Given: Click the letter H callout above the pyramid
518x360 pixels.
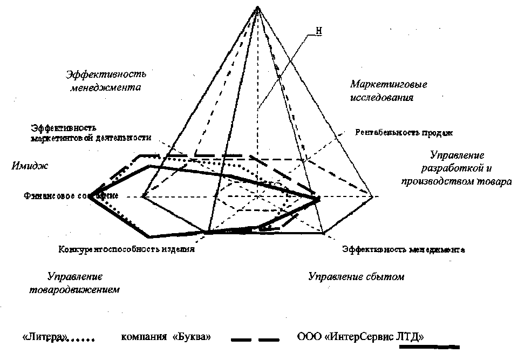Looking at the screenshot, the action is coord(318,31).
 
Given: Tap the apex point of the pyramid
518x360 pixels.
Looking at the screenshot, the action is coord(258,7).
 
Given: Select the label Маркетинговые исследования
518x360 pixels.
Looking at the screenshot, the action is coord(381,91).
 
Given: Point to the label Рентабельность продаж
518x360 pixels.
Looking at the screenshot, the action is coord(403,132).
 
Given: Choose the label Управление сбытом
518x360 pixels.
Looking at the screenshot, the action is coord(356,277).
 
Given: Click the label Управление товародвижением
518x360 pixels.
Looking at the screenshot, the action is coord(74,283).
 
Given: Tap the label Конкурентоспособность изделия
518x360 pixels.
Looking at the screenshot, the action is coord(125,250).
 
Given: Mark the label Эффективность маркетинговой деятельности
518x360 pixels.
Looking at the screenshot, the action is coord(90,133).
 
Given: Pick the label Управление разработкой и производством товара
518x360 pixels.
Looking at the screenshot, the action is coord(456,168).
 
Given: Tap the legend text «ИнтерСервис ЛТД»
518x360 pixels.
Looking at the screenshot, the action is coord(368,337).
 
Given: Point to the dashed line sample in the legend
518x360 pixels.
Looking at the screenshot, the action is coord(255,340).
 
